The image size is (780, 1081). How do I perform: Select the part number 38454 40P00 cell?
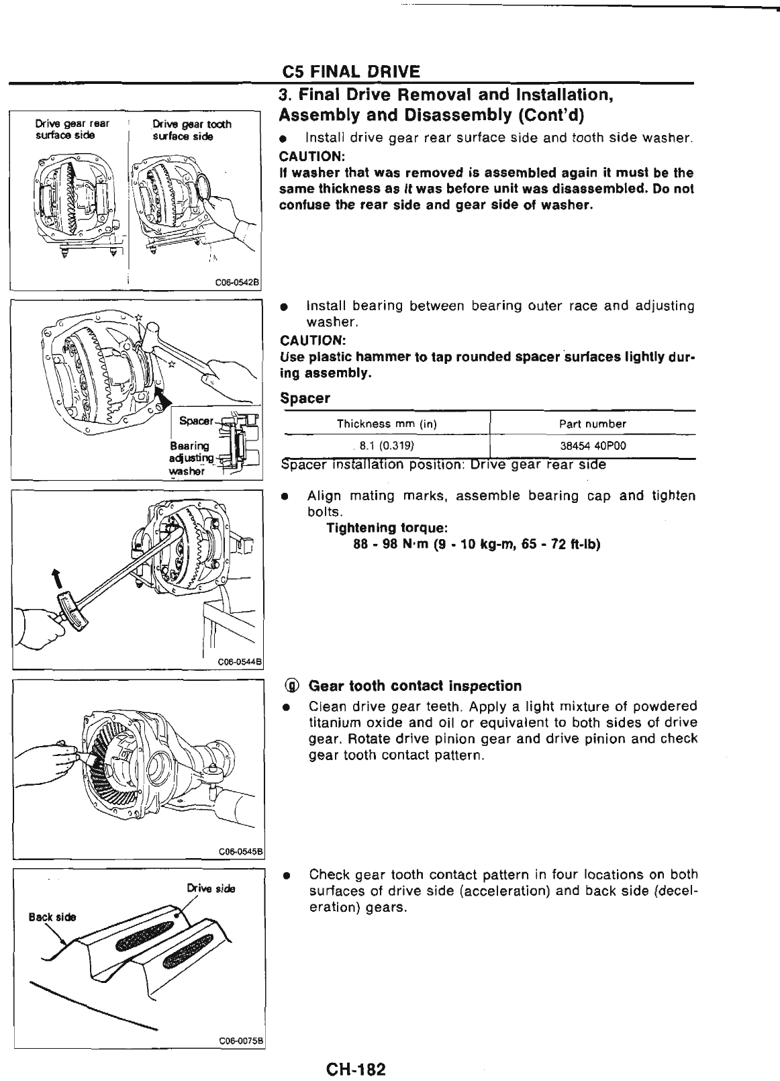point(592,445)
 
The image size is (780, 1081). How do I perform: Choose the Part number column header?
point(592,424)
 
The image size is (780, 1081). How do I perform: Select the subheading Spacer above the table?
point(305,398)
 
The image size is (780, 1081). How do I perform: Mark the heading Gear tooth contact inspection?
point(414,686)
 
